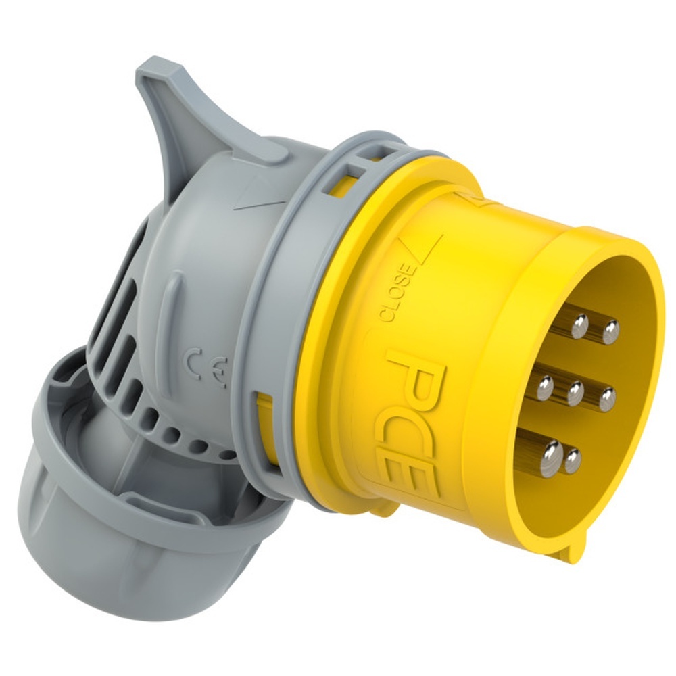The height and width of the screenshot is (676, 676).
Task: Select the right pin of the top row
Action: (x=610, y=332)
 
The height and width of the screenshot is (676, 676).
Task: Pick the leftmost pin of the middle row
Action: (x=544, y=387)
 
